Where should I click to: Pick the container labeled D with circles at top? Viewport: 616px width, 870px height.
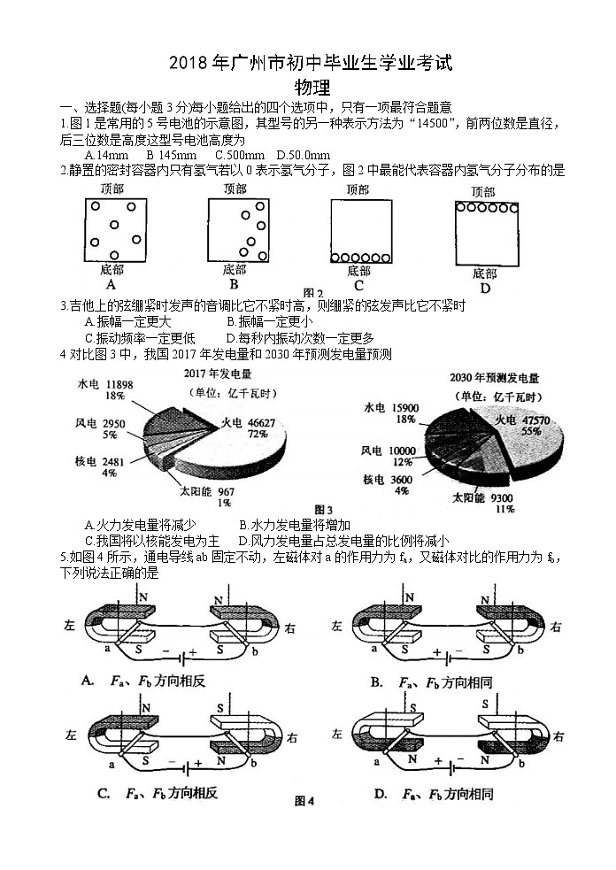tap(484, 232)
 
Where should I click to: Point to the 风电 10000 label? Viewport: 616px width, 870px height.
tap(394, 457)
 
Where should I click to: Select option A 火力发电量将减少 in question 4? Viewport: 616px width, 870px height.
tap(140, 525)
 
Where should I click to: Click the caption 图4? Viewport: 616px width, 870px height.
tap(304, 802)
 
